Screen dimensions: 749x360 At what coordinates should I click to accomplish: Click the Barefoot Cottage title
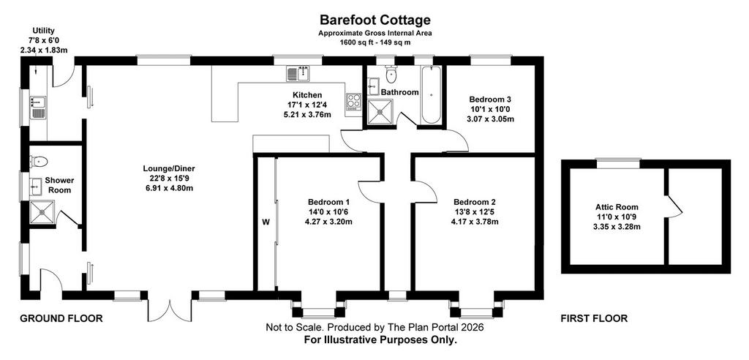tap(375, 20)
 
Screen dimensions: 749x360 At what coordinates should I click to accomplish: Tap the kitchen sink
tap(298, 73)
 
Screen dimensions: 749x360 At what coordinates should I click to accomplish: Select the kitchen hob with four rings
tap(354, 101)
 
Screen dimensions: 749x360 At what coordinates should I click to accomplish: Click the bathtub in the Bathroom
tap(432, 94)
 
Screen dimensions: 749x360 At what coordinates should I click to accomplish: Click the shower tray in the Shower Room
tap(42, 212)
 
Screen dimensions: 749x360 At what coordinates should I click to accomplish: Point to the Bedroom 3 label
tap(490, 100)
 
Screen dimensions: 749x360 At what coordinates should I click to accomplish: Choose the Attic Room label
tap(616, 208)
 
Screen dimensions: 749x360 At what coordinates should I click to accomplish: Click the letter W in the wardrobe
tap(266, 222)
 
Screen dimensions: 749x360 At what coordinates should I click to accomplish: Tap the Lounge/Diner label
tap(169, 168)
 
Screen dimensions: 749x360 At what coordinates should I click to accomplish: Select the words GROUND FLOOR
tap(61, 318)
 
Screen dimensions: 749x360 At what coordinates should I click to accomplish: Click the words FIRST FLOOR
tap(594, 318)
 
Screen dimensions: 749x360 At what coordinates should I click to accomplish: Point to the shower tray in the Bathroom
tap(380, 111)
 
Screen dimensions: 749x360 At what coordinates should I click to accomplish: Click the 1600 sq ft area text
tap(375, 42)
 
